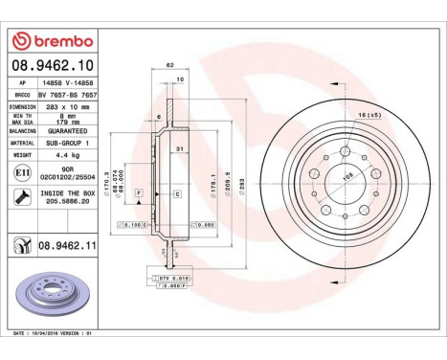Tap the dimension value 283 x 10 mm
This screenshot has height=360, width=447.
point(72,107)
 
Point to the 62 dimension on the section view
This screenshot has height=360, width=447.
point(169,65)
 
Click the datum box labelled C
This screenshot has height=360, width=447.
point(177,194)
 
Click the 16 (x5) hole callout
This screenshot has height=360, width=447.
point(369,115)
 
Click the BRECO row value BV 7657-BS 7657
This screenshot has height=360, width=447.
point(71,97)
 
